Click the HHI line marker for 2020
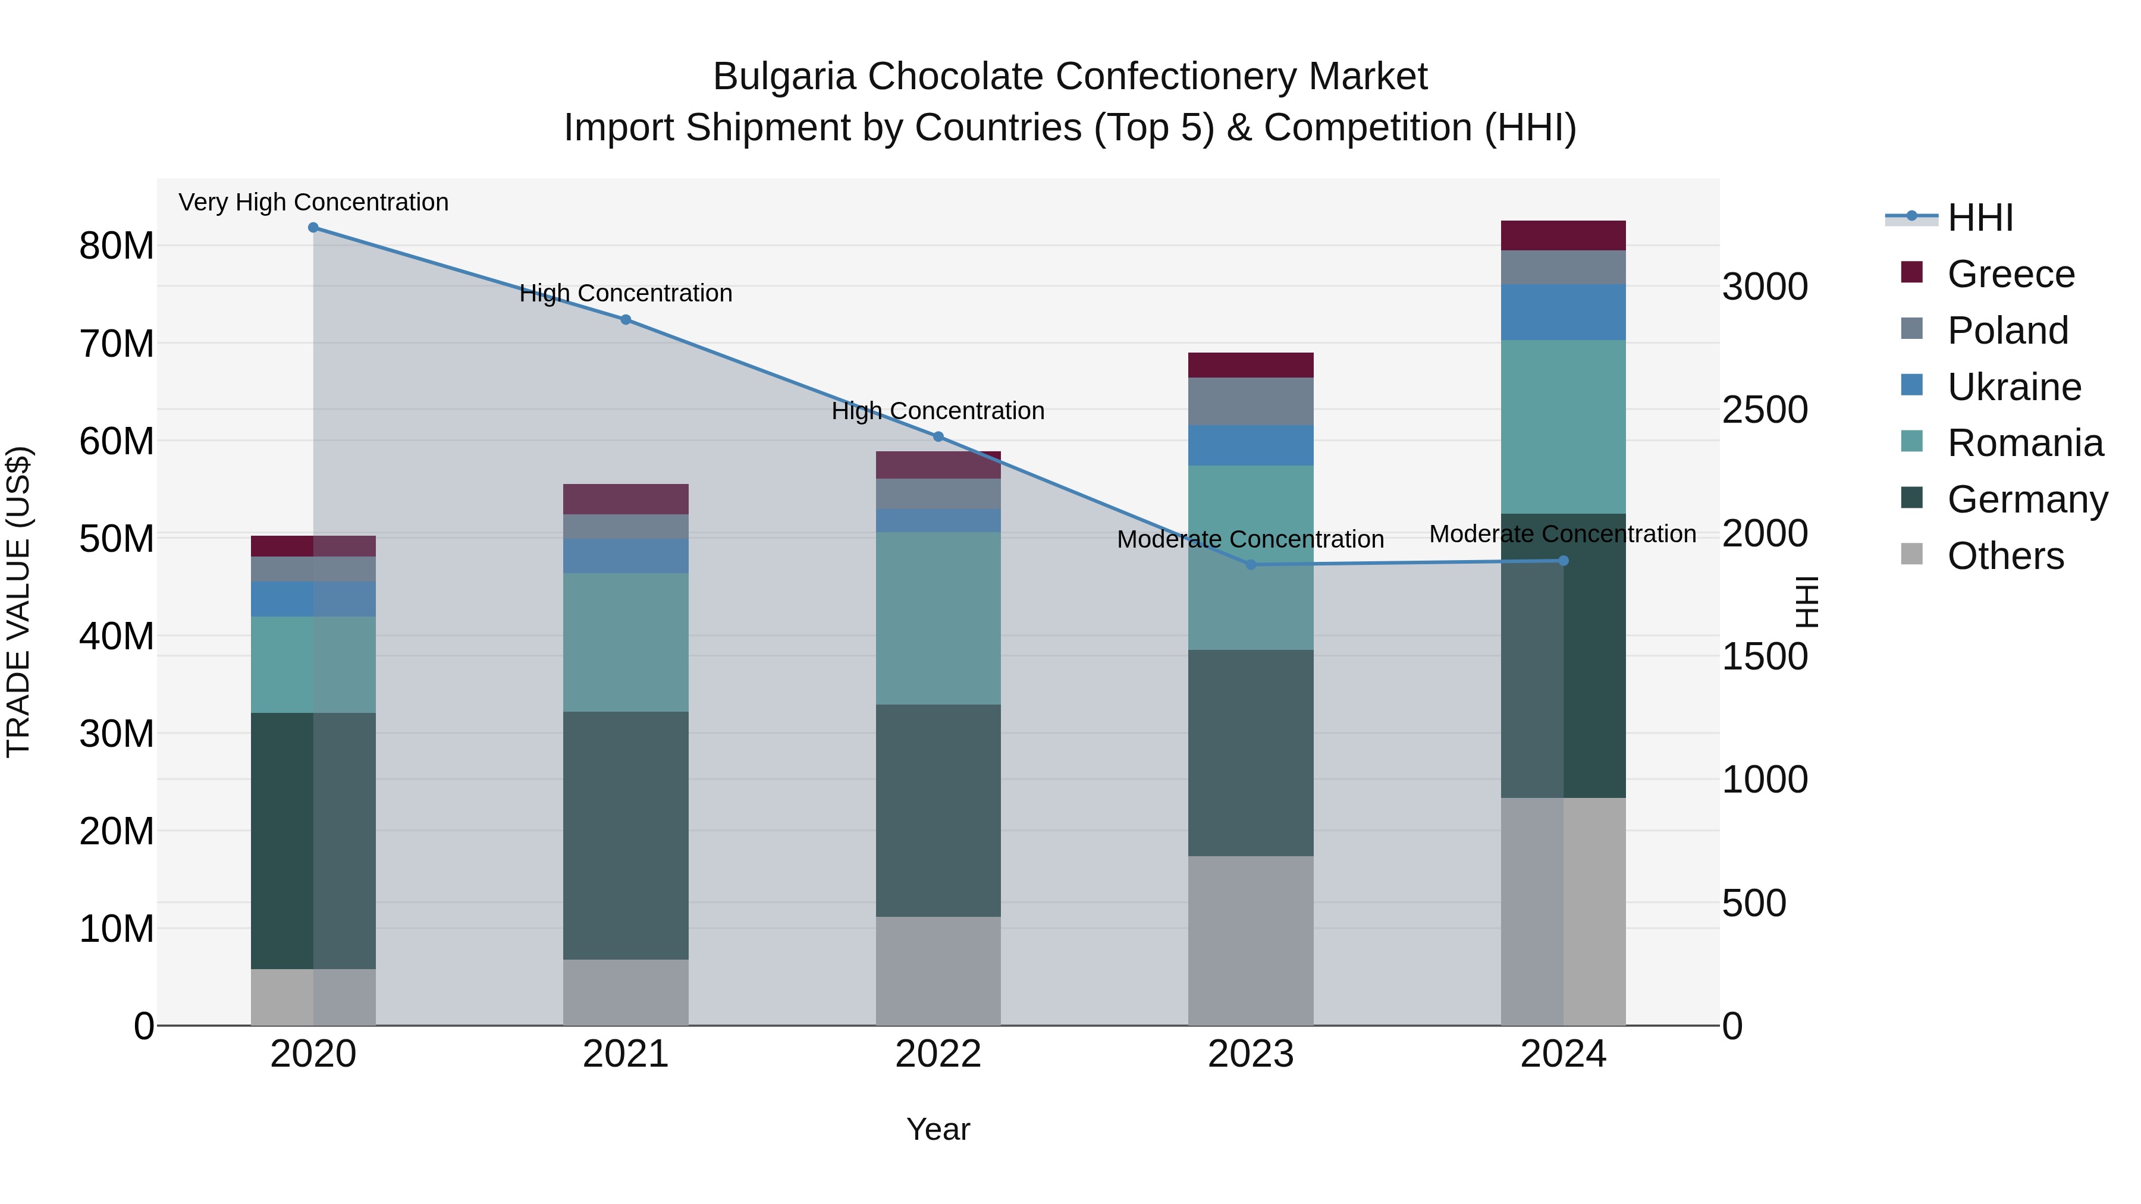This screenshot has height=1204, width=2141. click(313, 228)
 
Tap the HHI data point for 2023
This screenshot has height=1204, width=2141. click(1251, 565)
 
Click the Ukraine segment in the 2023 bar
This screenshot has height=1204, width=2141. click(1251, 445)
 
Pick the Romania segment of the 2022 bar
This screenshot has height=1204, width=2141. click(938, 618)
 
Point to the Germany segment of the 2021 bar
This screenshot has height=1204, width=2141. click(626, 835)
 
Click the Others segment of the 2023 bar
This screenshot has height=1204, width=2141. click(1251, 941)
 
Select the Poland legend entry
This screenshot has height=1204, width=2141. click(2007, 331)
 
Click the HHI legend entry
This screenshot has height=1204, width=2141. click(1980, 218)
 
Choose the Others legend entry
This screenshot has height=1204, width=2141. click(2005, 556)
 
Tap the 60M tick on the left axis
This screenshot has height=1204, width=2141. click(117, 441)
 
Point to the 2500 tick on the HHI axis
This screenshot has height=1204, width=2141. click(1765, 410)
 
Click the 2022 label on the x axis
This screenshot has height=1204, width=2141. click(938, 1054)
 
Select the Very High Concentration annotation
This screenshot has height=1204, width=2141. click(313, 202)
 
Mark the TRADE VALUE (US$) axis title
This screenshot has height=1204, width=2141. click(18, 602)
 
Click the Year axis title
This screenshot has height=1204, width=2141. click(938, 1129)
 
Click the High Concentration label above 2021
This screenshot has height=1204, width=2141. click(626, 293)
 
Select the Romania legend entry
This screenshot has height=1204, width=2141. click(2024, 443)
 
